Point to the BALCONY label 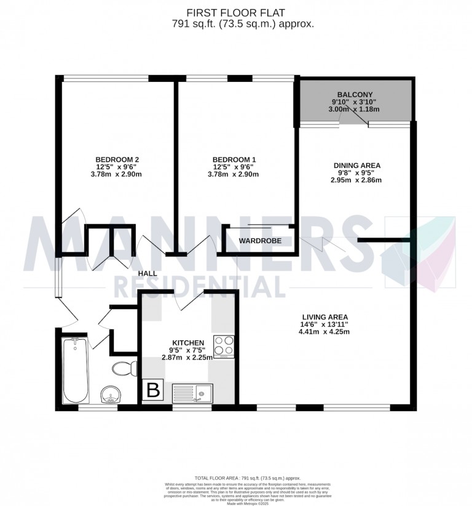click(x=355, y=94)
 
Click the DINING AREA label click(x=357, y=165)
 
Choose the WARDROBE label click(x=260, y=241)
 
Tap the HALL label click(x=147, y=273)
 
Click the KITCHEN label click(x=187, y=343)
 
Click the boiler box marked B click(x=152, y=391)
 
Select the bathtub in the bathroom click(x=76, y=369)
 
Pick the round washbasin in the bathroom click(x=111, y=394)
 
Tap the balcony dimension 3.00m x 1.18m click(x=355, y=109)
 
